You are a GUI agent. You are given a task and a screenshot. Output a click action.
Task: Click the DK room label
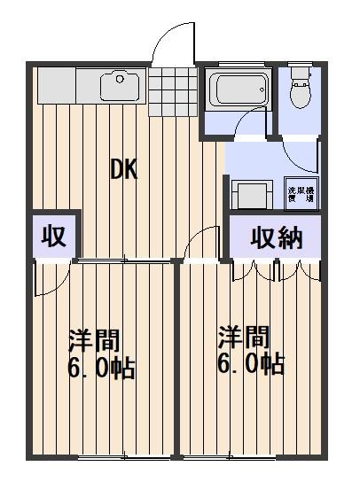click(124, 169)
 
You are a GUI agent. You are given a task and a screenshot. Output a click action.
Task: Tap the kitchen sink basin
click(119, 86)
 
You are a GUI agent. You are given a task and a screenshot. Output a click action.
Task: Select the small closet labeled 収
click(53, 237)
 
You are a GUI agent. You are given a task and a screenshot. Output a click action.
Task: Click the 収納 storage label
click(276, 237)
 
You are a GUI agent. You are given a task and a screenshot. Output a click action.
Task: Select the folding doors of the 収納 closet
click(276, 269)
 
